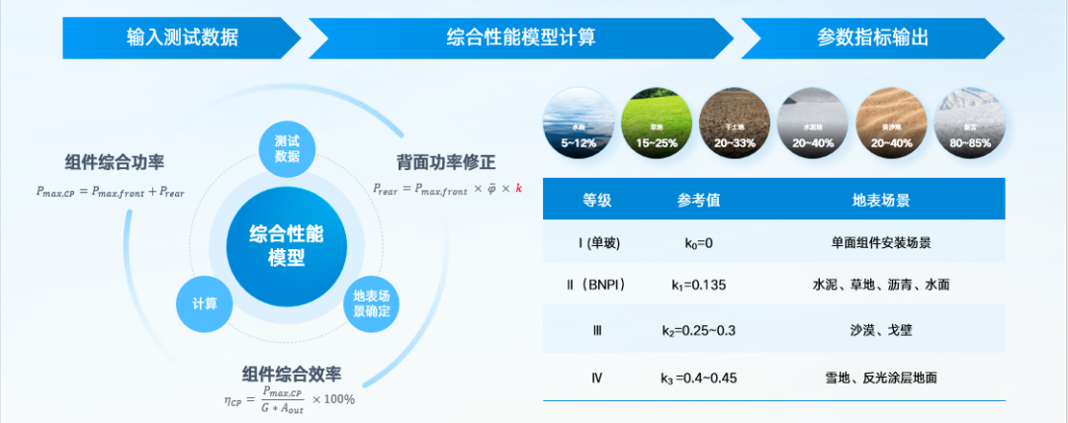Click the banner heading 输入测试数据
click(x=182, y=39)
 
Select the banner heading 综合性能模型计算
click(x=521, y=39)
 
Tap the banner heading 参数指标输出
click(x=872, y=39)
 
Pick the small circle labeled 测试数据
click(x=287, y=148)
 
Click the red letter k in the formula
click(x=518, y=188)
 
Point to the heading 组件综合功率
click(x=115, y=163)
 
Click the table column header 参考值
click(x=698, y=200)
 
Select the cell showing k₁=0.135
click(x=698, y=285)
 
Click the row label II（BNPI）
click(x=596, y=285)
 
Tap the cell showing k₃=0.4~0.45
click(x=698, y=377)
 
